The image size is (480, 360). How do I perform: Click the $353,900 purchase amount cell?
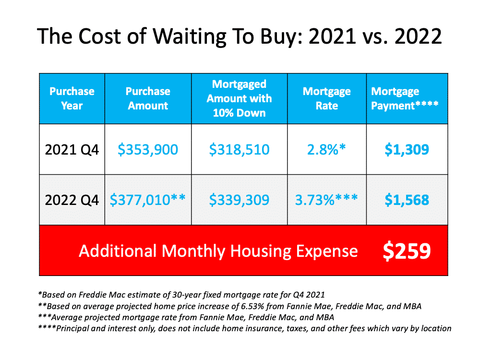click(x=148, y=150)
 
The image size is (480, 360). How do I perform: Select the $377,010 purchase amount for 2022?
click(x=147, y=200)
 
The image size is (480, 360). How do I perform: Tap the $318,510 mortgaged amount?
click(x=239, y=150)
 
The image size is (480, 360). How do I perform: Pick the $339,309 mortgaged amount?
click(x=239, y=200)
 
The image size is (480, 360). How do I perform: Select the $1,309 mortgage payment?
click(x=407, y=150)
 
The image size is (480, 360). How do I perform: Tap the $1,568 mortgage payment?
click(x=407, y=200)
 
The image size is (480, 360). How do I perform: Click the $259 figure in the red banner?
click(x=407, y=251)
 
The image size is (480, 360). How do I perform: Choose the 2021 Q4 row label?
click(x=72, y=150)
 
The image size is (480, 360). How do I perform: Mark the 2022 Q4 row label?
click(x=72, y=200)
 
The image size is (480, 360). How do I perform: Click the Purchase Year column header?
click(x=72, y=98)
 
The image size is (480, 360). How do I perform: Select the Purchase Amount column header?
click(x=148, y=98)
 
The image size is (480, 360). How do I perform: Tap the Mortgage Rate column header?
click(x=326, y=98)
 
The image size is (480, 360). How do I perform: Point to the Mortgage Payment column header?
click(x=405, y=98)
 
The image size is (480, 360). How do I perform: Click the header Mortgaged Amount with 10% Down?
click(x=239, y=98)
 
